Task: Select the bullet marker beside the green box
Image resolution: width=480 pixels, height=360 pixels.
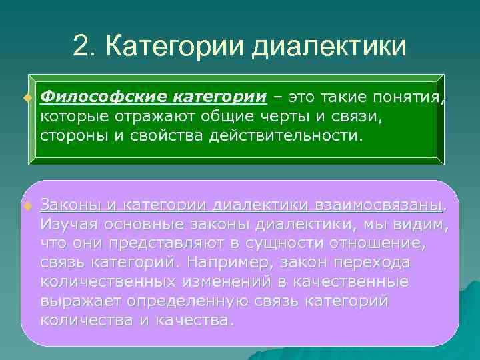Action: (27, 99)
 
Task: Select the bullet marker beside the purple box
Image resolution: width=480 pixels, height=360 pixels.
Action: (27, 204)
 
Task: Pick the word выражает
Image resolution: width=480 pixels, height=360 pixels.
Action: (81, 301)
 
